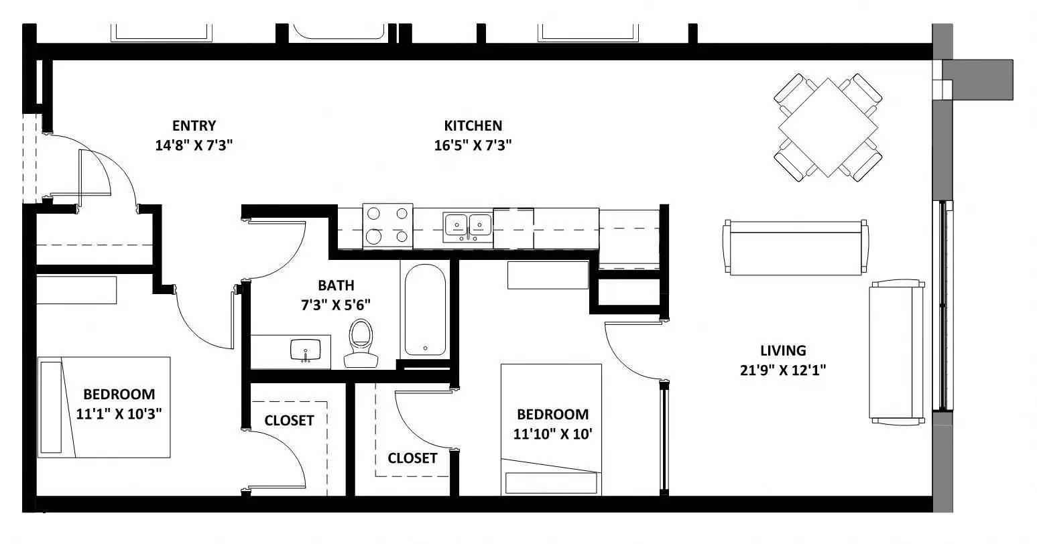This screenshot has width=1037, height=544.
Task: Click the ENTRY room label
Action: [x=194, y=125]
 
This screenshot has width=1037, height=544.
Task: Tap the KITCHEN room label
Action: [x=473, y=125]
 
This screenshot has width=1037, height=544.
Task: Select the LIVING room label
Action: [x=783, y=350]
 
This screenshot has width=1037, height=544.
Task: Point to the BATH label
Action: [x=336, y=285]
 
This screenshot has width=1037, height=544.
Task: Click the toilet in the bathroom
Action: [x=361, y=341]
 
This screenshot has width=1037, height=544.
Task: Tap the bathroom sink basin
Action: [x=306, y=349]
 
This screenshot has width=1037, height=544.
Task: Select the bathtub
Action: [x=424, y=310]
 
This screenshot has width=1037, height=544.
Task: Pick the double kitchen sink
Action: [x=467, y=224]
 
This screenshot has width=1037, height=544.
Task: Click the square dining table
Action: [x=829, y=127]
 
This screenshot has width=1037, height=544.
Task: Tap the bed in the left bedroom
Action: [x=103, y=407]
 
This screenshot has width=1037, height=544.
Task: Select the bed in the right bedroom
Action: [x=551, y=429]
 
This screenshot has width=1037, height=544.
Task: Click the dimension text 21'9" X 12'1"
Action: [x=783, y=370]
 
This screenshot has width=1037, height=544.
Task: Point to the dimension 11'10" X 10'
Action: [x=553, y=433]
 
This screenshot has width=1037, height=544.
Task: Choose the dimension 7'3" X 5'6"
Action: [x=336, y=305]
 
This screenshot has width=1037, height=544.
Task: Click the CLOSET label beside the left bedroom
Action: [x=289, y=421]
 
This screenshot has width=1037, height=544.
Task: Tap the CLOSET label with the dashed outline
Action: [x=412, y=458]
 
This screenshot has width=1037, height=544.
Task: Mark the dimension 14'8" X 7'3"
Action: [x=194, y=145]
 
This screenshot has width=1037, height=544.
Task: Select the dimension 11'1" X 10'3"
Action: [x=119, y=413]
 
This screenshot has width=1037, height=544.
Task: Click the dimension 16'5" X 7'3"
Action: [x=473, y=145]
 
